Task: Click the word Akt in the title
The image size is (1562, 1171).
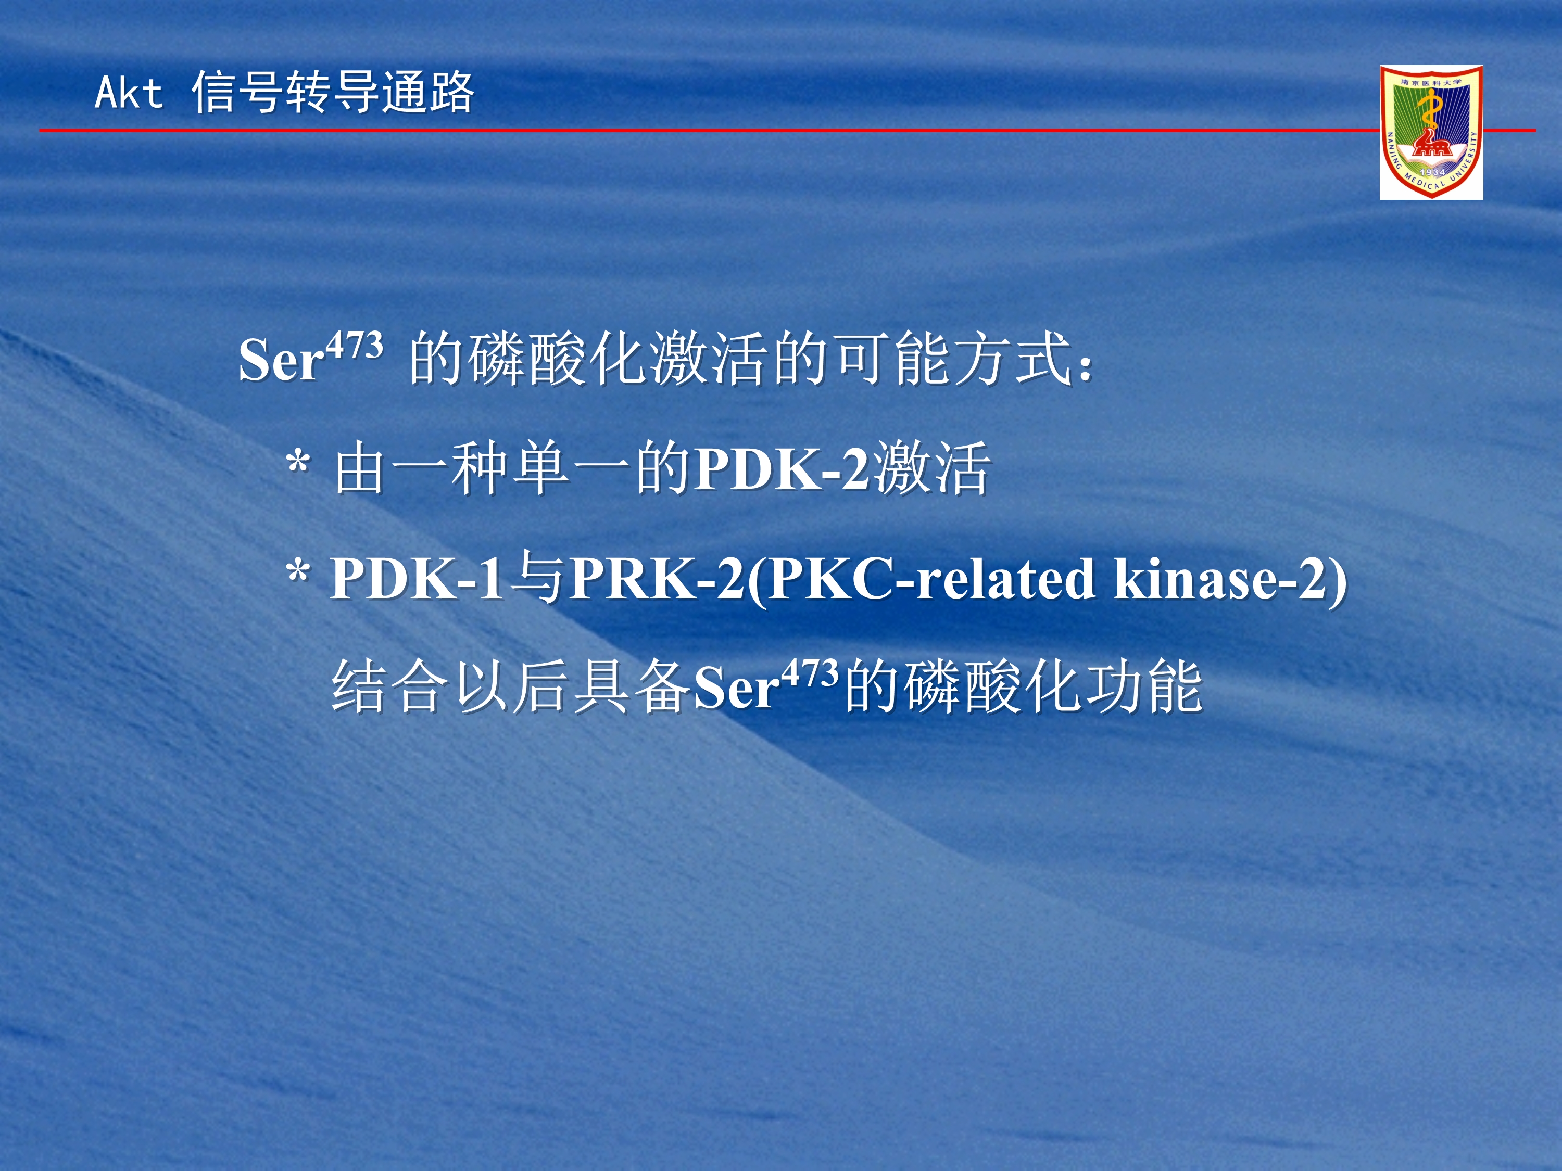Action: coord(129,93)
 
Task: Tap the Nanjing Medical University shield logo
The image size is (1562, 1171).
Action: coord(1431,132)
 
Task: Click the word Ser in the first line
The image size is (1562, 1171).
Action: coord(281,360)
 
